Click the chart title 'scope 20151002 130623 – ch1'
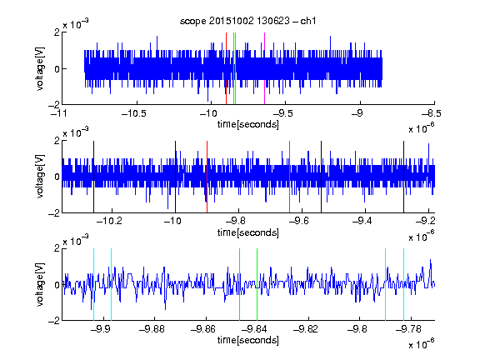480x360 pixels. pos(248,21)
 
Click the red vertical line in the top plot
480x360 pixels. pos(226,68)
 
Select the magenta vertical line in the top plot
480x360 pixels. pos(264,68)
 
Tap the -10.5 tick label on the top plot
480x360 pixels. pos(134,114)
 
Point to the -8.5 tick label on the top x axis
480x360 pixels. pos(431,114)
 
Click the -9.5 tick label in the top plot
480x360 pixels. pos(282,114)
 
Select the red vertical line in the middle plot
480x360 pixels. pos(207,177)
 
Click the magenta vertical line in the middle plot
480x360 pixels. pos(290,177)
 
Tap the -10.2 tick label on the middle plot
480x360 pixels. pos(109,221)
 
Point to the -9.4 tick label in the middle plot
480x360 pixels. pos(362,221)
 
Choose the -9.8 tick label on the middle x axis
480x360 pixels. pos(236,221)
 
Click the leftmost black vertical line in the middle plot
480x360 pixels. pos(93,177)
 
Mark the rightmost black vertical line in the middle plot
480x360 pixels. pos(404,177)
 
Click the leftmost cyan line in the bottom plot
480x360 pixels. pos(93,284)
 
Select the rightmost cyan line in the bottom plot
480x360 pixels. pos(404,284)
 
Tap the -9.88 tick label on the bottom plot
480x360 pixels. pos(152,329)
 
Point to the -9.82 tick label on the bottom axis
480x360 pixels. pos(306,329)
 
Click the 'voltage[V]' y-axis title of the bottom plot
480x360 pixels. pos(40,284)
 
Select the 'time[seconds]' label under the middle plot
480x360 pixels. pos(248,232)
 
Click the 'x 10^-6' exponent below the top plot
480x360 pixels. pos(422,127)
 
